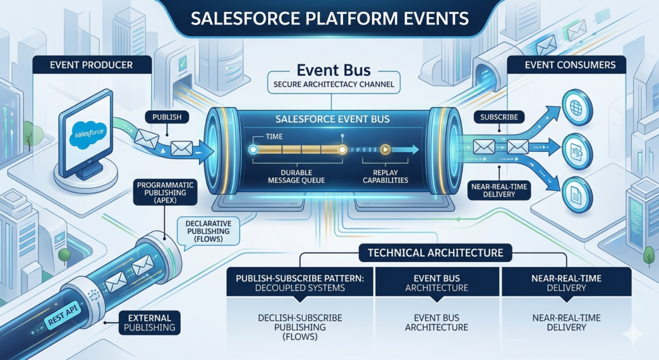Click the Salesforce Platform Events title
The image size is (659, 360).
(x=329, y=18)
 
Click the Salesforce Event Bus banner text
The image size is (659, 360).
(x=329, y=119)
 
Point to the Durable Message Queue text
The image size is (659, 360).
(x=295, y=176)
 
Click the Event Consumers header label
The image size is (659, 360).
(x=570, y=64)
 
